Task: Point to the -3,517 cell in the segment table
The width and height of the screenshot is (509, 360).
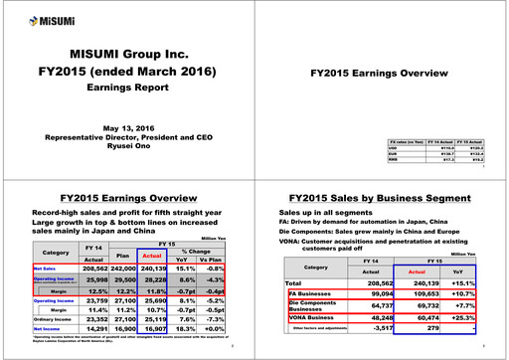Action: point(362,331)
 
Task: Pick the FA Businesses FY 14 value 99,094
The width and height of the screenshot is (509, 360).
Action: point(362,295)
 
